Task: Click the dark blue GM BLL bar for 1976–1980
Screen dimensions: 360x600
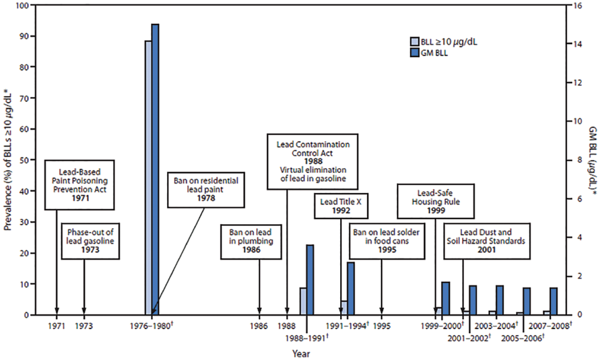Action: pyautogui.click(x=155, y=170)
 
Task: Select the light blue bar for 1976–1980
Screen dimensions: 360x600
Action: pyautogui.click(x=148, y=174)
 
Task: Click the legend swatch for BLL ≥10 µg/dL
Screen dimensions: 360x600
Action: pyautogui.click(x=415, y=42)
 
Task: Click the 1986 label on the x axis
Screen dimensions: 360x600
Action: pyautogui.click(x=259, y=325)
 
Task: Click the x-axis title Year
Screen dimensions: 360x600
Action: pyautogui.click(x=301, y=353)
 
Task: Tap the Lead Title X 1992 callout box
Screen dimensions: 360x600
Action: pyautogui.click(x=341, y=207)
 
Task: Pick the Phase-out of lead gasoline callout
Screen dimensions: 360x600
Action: pyautogui.click(x=90, y=241)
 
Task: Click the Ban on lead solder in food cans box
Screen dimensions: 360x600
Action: pyautogui.click(x=381, y=241)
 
